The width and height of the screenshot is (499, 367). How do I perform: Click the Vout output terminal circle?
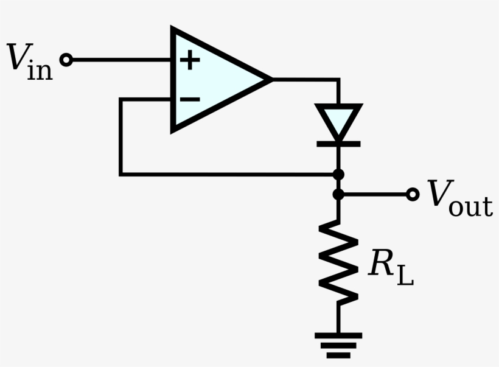click(x=413, y=195)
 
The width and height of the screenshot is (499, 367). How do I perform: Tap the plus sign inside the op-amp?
click(x=190, y=60)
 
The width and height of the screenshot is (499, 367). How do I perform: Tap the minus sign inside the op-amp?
click(x=190, y=99)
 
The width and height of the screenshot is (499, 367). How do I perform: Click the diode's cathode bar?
click(x=338, y=144)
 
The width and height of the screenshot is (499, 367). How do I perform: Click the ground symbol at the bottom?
click(x=338, y=344)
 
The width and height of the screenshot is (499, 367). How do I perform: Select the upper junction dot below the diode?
click(x=338, y=175)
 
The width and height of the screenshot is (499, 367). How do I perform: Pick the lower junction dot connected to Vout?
click(x=338, y=195)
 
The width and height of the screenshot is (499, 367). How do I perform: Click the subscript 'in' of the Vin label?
click(x=40, y=71)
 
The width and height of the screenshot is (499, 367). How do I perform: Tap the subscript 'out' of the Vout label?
click(x=470, y=207)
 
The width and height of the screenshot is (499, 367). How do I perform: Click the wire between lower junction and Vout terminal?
click(x=374, y=195)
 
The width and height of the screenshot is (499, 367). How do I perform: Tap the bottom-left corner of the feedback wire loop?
click(x=121, y=175)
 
